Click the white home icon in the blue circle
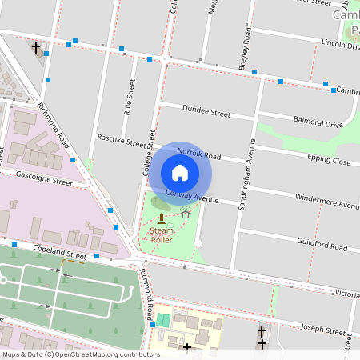tap(180, 172)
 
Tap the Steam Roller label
tap(162, 235)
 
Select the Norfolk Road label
tap(198, 153)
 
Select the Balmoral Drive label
tap(318, 124)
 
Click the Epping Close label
tap(329, 161)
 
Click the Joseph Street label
tap(322, 328)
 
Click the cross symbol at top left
tap(35, 48)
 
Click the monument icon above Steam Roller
tap(162, 218)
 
